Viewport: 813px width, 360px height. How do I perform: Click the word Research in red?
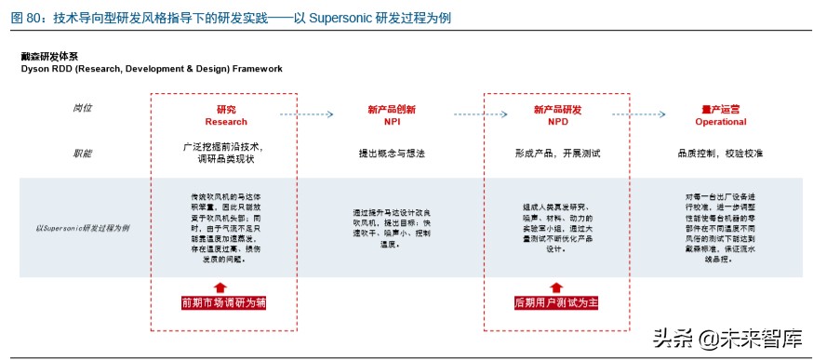226,122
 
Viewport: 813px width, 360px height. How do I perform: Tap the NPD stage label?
557,122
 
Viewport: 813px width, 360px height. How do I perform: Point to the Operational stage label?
721,122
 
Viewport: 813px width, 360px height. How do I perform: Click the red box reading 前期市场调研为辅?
225,302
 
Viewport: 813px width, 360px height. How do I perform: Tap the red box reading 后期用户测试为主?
557,302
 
